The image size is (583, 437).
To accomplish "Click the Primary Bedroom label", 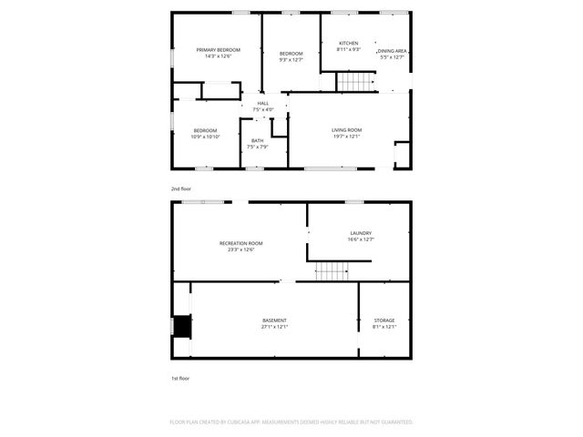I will (217, 49).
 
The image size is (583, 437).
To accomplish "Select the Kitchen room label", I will (349, 44).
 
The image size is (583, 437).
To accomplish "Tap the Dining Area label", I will (392, 51).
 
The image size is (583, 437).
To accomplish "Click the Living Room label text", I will (346, 130).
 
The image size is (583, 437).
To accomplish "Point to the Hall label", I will (262, 104).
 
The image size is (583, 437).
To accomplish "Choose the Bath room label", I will (257, 140).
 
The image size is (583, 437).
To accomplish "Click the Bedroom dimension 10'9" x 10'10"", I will (205, 137).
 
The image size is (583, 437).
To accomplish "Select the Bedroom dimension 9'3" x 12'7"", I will (291, 61).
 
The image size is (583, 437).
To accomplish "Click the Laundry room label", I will (360, 233).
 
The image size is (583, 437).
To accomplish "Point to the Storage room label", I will (384, 320).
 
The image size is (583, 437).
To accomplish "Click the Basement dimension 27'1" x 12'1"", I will (274, 327).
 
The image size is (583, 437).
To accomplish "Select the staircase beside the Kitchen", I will (356, 83).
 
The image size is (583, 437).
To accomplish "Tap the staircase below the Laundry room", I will (332, 270).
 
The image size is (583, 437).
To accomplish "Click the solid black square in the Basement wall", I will (183, 326).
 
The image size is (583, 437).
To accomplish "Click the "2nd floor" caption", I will (180, 188).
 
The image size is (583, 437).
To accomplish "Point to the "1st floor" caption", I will (180, 377).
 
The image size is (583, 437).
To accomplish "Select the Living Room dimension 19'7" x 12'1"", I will (346, 137).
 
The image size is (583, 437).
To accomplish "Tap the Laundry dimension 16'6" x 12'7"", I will (360, 239).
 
